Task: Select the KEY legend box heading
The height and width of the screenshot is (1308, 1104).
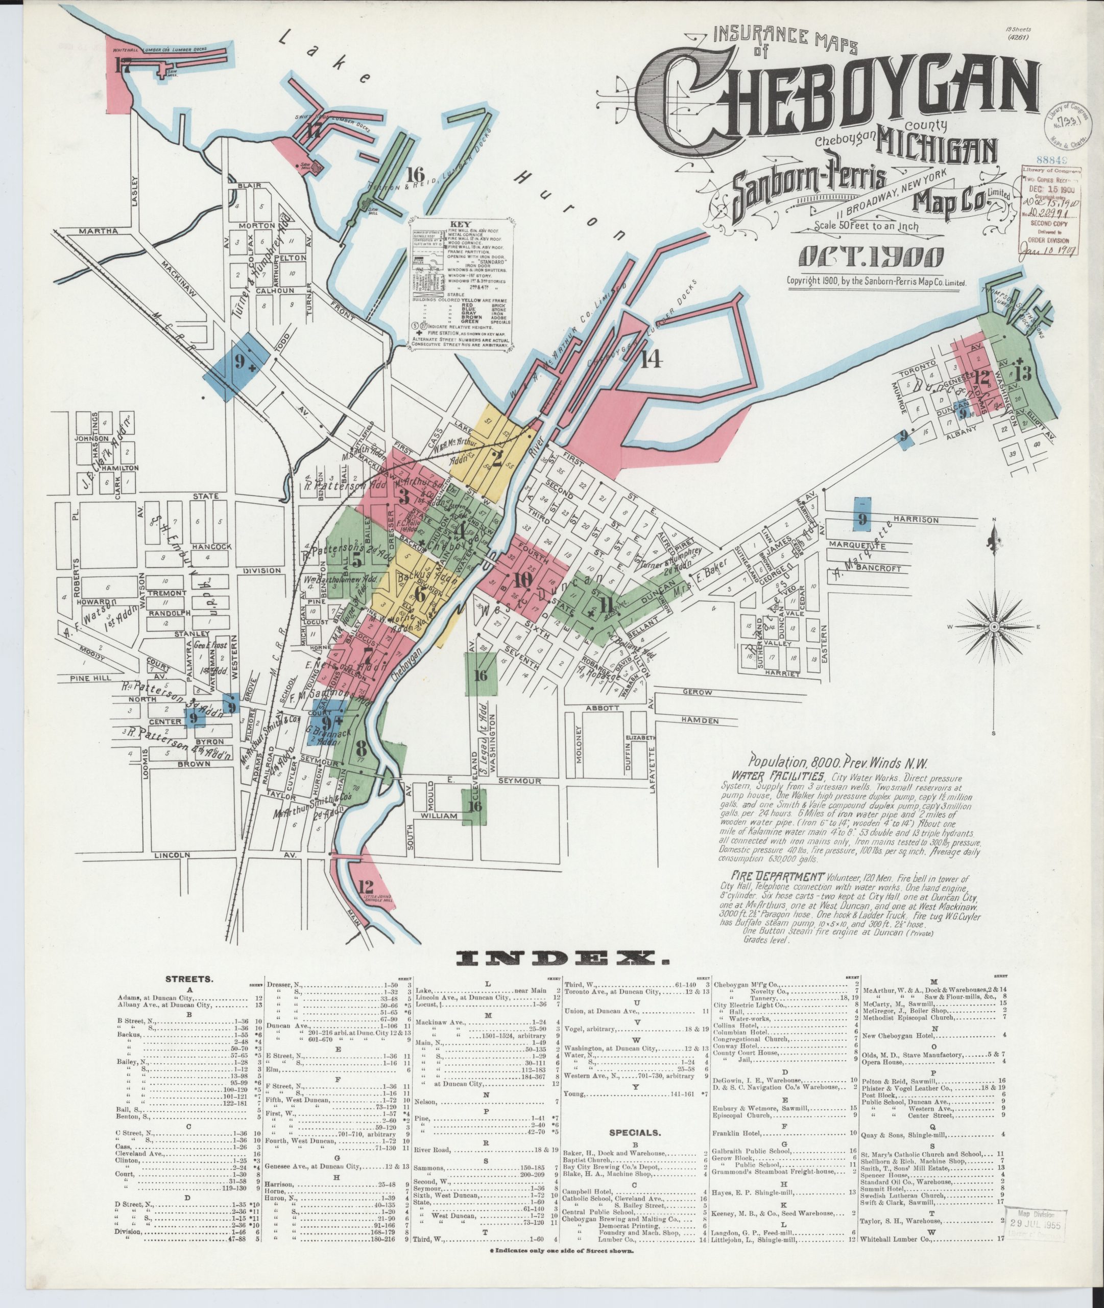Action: pos(460,223)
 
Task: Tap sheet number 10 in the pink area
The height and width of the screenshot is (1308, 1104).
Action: pos(522,580)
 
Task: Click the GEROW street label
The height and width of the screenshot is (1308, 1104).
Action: pos(699,692)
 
